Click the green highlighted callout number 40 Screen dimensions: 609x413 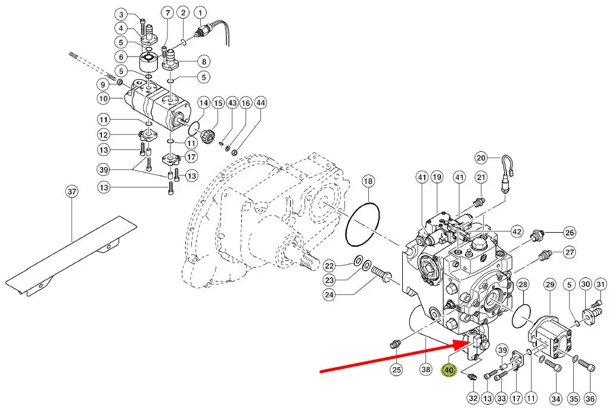449,370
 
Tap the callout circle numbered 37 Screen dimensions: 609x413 72,192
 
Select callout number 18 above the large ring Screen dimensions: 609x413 368,181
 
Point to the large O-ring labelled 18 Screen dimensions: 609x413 363,224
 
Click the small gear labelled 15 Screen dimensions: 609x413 207,136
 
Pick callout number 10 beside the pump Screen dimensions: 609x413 103,99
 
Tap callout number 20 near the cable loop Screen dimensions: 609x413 481,158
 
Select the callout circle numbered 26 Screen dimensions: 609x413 570,233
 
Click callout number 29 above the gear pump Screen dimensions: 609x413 550,285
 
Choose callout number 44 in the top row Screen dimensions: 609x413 260,103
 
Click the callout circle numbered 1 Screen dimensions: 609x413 200,13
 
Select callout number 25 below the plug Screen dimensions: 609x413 396,370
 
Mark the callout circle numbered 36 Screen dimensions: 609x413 589,398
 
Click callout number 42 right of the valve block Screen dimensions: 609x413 517,232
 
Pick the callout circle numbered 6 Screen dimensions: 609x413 121,57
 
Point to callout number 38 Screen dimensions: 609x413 425,370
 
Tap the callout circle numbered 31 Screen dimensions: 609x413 601,284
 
